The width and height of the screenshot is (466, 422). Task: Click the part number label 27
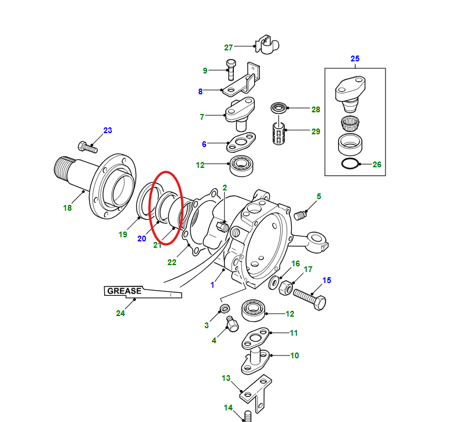(228, 47)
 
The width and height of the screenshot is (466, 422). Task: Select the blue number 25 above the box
(355, 59)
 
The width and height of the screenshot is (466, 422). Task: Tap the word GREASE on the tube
(123, 291)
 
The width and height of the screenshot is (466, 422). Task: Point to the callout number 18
(68, 207)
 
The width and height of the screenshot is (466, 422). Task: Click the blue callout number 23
(108, 130)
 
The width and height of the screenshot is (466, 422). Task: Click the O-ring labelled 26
(350, 164)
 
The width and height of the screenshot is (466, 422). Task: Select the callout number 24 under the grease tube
(120, 314)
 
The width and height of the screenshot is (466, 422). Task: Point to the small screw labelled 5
(300, 215)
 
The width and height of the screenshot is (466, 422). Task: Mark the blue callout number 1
(212, 285)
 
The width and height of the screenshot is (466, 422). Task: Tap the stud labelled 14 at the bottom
(247, 416)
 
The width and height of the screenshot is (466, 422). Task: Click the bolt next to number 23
(86, 145)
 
